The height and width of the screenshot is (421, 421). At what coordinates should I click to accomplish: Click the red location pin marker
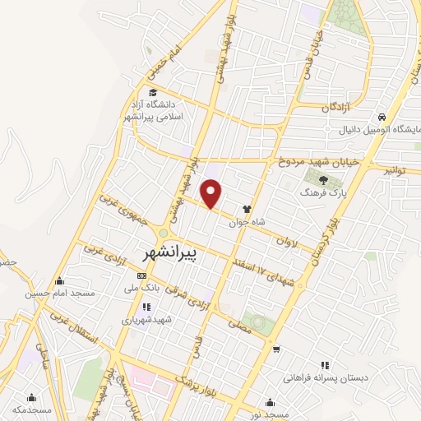tap(211, 192)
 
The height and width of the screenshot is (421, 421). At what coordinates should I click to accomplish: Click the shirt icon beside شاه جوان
tap(246, 210)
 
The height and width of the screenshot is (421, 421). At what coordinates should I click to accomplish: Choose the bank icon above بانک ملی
tap(141, 275)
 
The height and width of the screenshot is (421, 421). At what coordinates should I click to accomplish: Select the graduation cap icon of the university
tap(153, 92)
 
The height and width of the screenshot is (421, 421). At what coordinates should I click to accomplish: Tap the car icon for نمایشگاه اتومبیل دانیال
tap(382, 117)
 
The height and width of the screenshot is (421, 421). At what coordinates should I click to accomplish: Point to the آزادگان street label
tap(338, 108)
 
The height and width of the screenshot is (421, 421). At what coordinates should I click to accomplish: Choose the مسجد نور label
tap(271, 413)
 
